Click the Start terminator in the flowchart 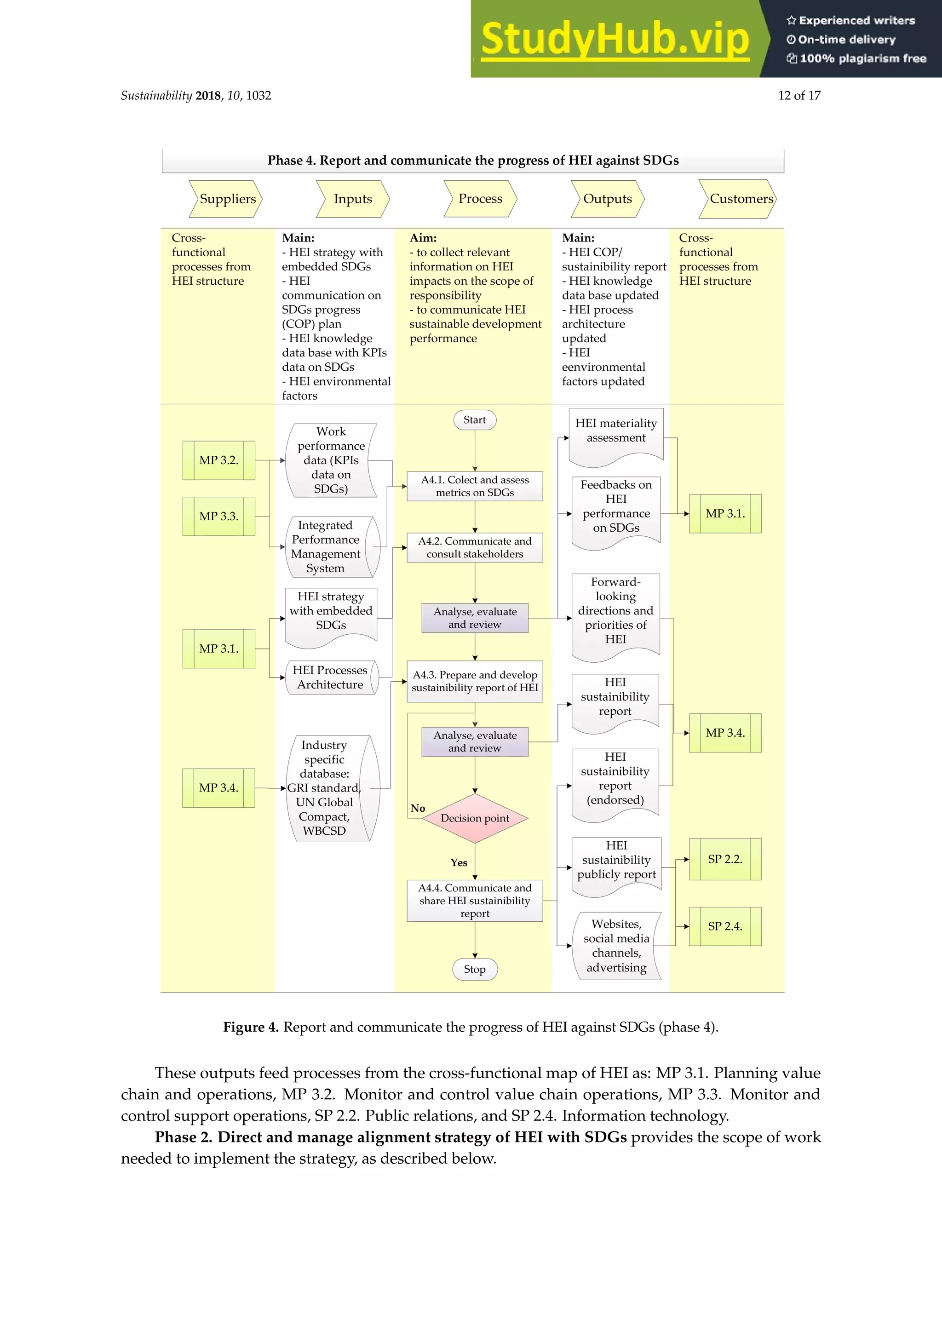click(x=475, y=420)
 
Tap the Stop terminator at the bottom click(x=475, y=970)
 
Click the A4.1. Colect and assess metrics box click(x=475, y=486)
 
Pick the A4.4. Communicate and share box click(x=475, y=901)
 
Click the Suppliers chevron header click(x=227, y=199)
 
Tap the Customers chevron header click(x=738, y=199)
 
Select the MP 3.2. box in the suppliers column click(x=218, y=460)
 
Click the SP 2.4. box click(x=725, y=926)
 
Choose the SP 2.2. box click(x=725, y=859)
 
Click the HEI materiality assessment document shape click(x=616, y=431)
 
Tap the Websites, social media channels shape click(x=616, y=946)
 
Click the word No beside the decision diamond click(x=418, y=808)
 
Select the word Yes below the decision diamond click(x=459, y=863)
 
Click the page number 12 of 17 click(x=799, y=96)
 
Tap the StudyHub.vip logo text click(x=615, y=40)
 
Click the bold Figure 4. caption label click(x=251, y=1028)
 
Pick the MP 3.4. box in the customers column click(x=725, y=733)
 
